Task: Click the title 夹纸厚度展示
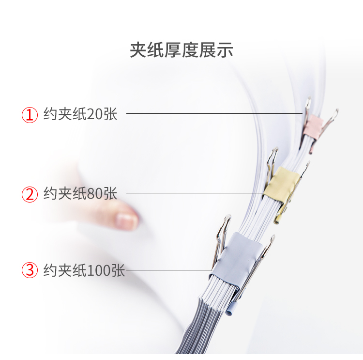tap(181, 49)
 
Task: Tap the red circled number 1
tap(30, 115)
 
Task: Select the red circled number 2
tap(30, 194)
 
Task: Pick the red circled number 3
tap(30, 270)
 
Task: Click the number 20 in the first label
tap(95, 114)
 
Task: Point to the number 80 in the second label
tap(95, 193)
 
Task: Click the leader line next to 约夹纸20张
tap(214, 113)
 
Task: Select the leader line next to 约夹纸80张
tap(196, 193)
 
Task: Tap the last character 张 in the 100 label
tap(118, 270)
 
